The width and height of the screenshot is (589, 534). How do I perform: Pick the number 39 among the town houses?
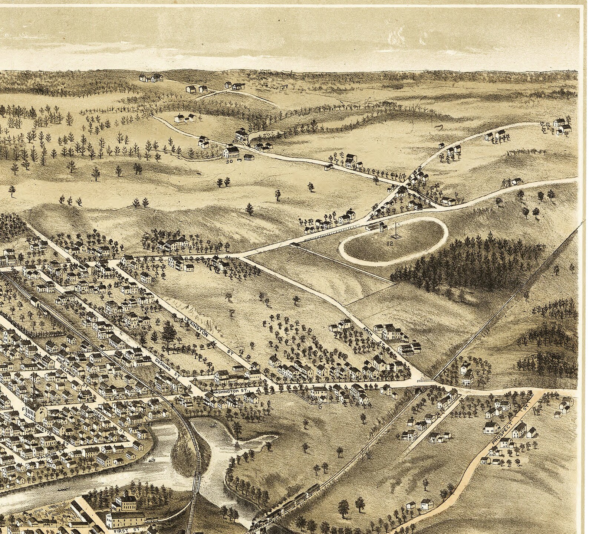(126, 403)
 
